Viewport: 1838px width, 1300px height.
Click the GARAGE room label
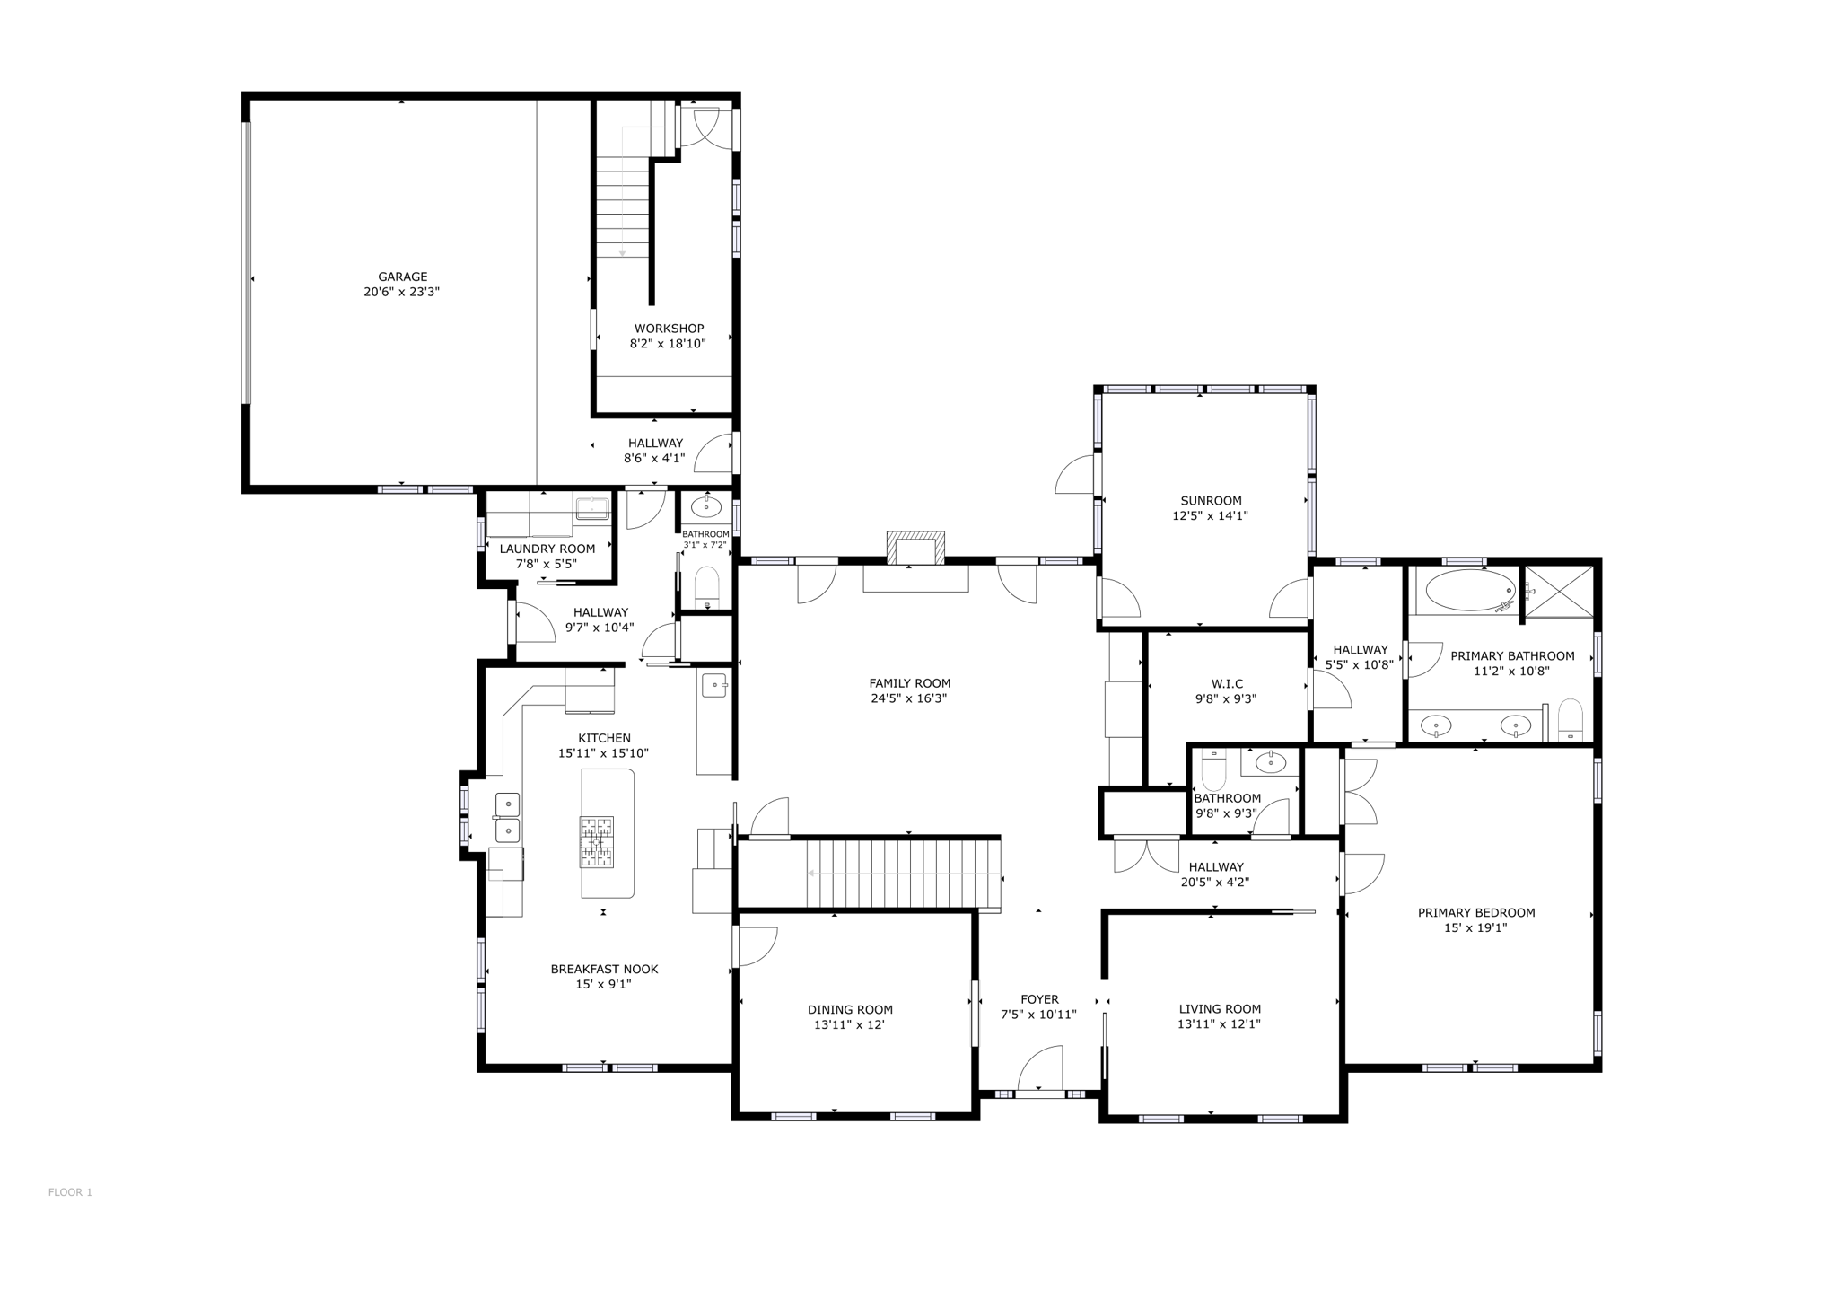pyautogui.click(x=402, y=277)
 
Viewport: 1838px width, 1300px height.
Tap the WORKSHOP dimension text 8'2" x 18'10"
pyautogui.click(x=668, y=344)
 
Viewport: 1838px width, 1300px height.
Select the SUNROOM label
pyautogui.click(x=1211, y=501)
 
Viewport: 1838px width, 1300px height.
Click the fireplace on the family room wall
pyautogui.click(x=915, y=549)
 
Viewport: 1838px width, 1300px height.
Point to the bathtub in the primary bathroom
pyautogui.click(x=1470, y=591)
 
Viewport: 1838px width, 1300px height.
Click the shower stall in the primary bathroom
pyautogui.click(x=1560, y=592)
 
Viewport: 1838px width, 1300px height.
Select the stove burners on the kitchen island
pyautogui.click(x=596, y=841)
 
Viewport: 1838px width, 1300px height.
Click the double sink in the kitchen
pyautogui.click(x=507, y=818)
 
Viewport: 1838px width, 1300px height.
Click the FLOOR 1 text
pyautogui.click(x=70, y=1192)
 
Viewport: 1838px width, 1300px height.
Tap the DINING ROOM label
pyautogui.click(x=850, y=1009)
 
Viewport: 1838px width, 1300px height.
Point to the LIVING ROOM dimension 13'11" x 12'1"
pyautogui.click(x=1220, y=1023)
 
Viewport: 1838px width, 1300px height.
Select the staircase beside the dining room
pyautogui.click(x=901, y=874)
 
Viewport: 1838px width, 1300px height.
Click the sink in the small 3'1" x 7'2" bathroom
pyautogui.click(x=706, y=507)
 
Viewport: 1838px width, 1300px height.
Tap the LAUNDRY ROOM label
pyautogui.click(x=547, y=549)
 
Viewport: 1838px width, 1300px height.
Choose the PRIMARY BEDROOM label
pyautogui.click(x=1475, y=912)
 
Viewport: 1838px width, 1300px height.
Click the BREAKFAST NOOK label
pyautogui.click(x=604, y=969)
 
